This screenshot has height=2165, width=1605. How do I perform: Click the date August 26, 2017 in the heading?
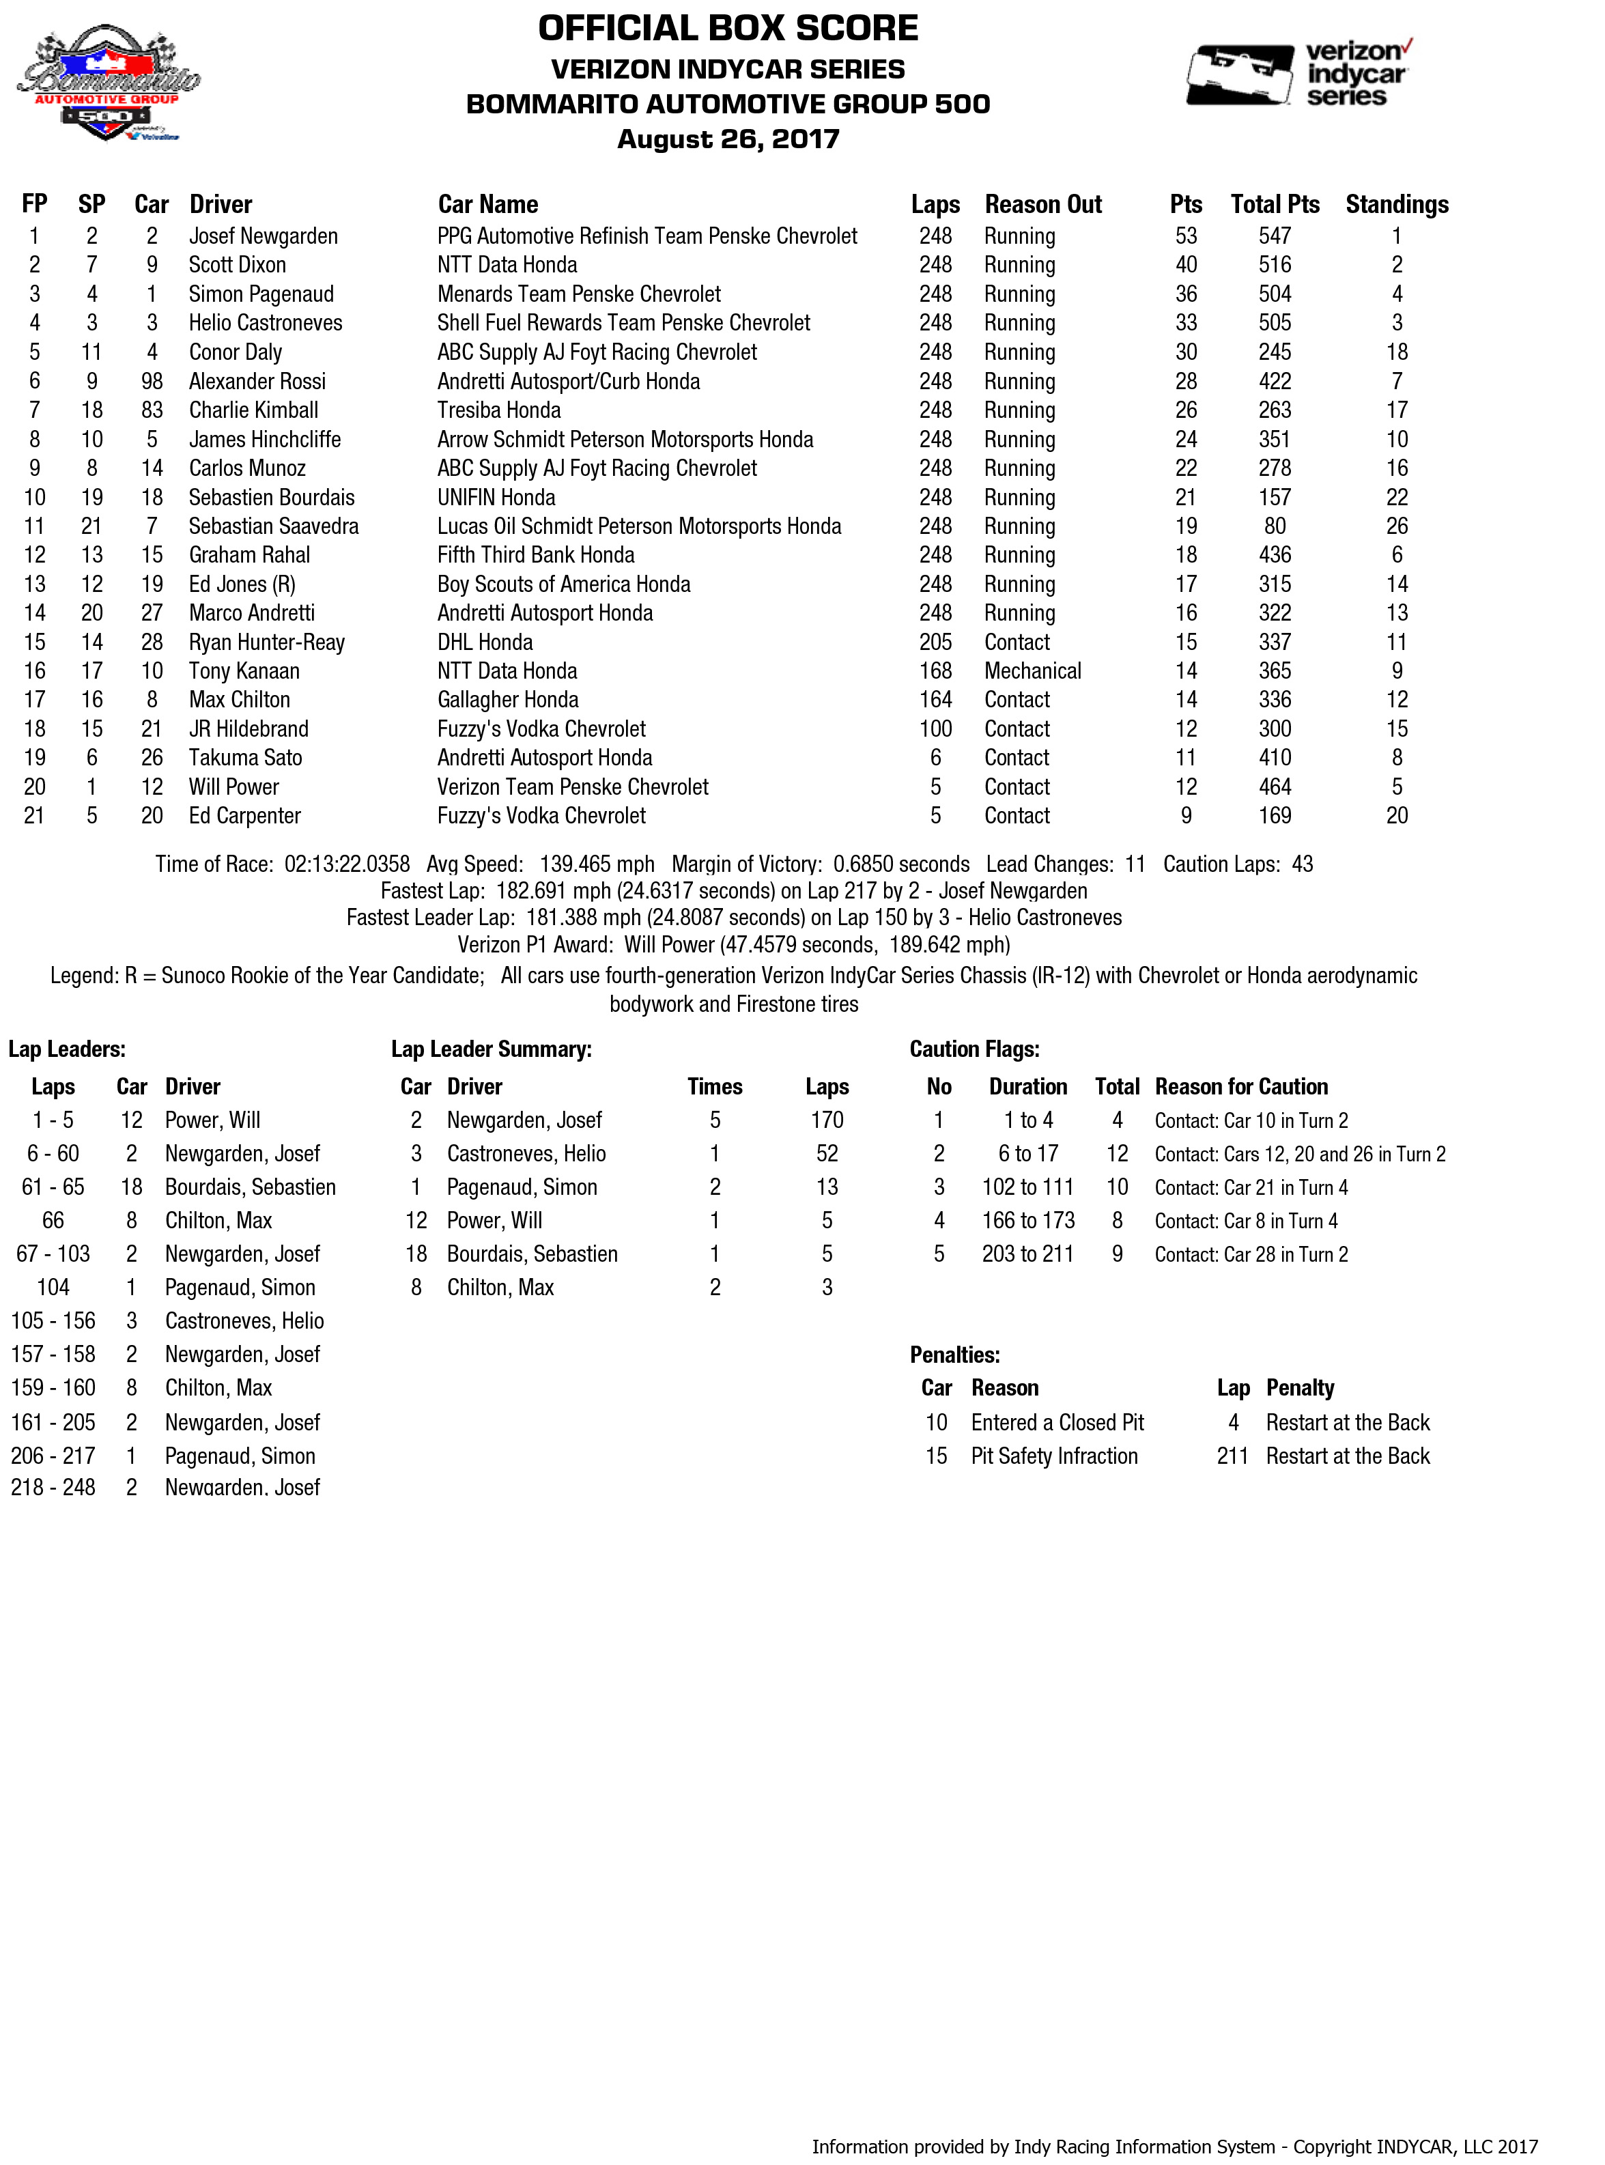[x=728, y=139]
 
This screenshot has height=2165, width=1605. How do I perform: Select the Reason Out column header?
[x=1042, y=204]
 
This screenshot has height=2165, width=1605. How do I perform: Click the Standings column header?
[x=1396, y=204]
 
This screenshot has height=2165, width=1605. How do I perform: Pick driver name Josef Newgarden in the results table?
[x=264, y=236]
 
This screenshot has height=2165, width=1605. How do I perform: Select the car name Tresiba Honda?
[x=498, y=410]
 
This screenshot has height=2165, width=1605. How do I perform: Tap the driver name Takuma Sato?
[x=245, y=758]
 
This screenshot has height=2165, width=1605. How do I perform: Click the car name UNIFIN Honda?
[x=496, y=498]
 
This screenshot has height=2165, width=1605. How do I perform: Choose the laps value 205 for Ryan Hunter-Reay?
[x=935, y=642]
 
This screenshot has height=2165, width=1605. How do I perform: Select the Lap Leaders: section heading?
[x=67, y=1049]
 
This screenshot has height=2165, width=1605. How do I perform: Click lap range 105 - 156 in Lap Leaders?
[x=53, y=1320]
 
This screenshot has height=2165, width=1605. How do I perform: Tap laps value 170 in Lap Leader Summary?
[x=827, y=1120]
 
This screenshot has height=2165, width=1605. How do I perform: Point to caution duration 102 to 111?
[x=1028, y=1187]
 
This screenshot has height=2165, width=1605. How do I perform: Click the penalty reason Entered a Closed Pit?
[x=1057, y=1423]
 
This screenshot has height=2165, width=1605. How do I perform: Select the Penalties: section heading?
[x=954, y=1355]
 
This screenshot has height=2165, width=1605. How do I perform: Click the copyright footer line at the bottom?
[x=1175, y=2147]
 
